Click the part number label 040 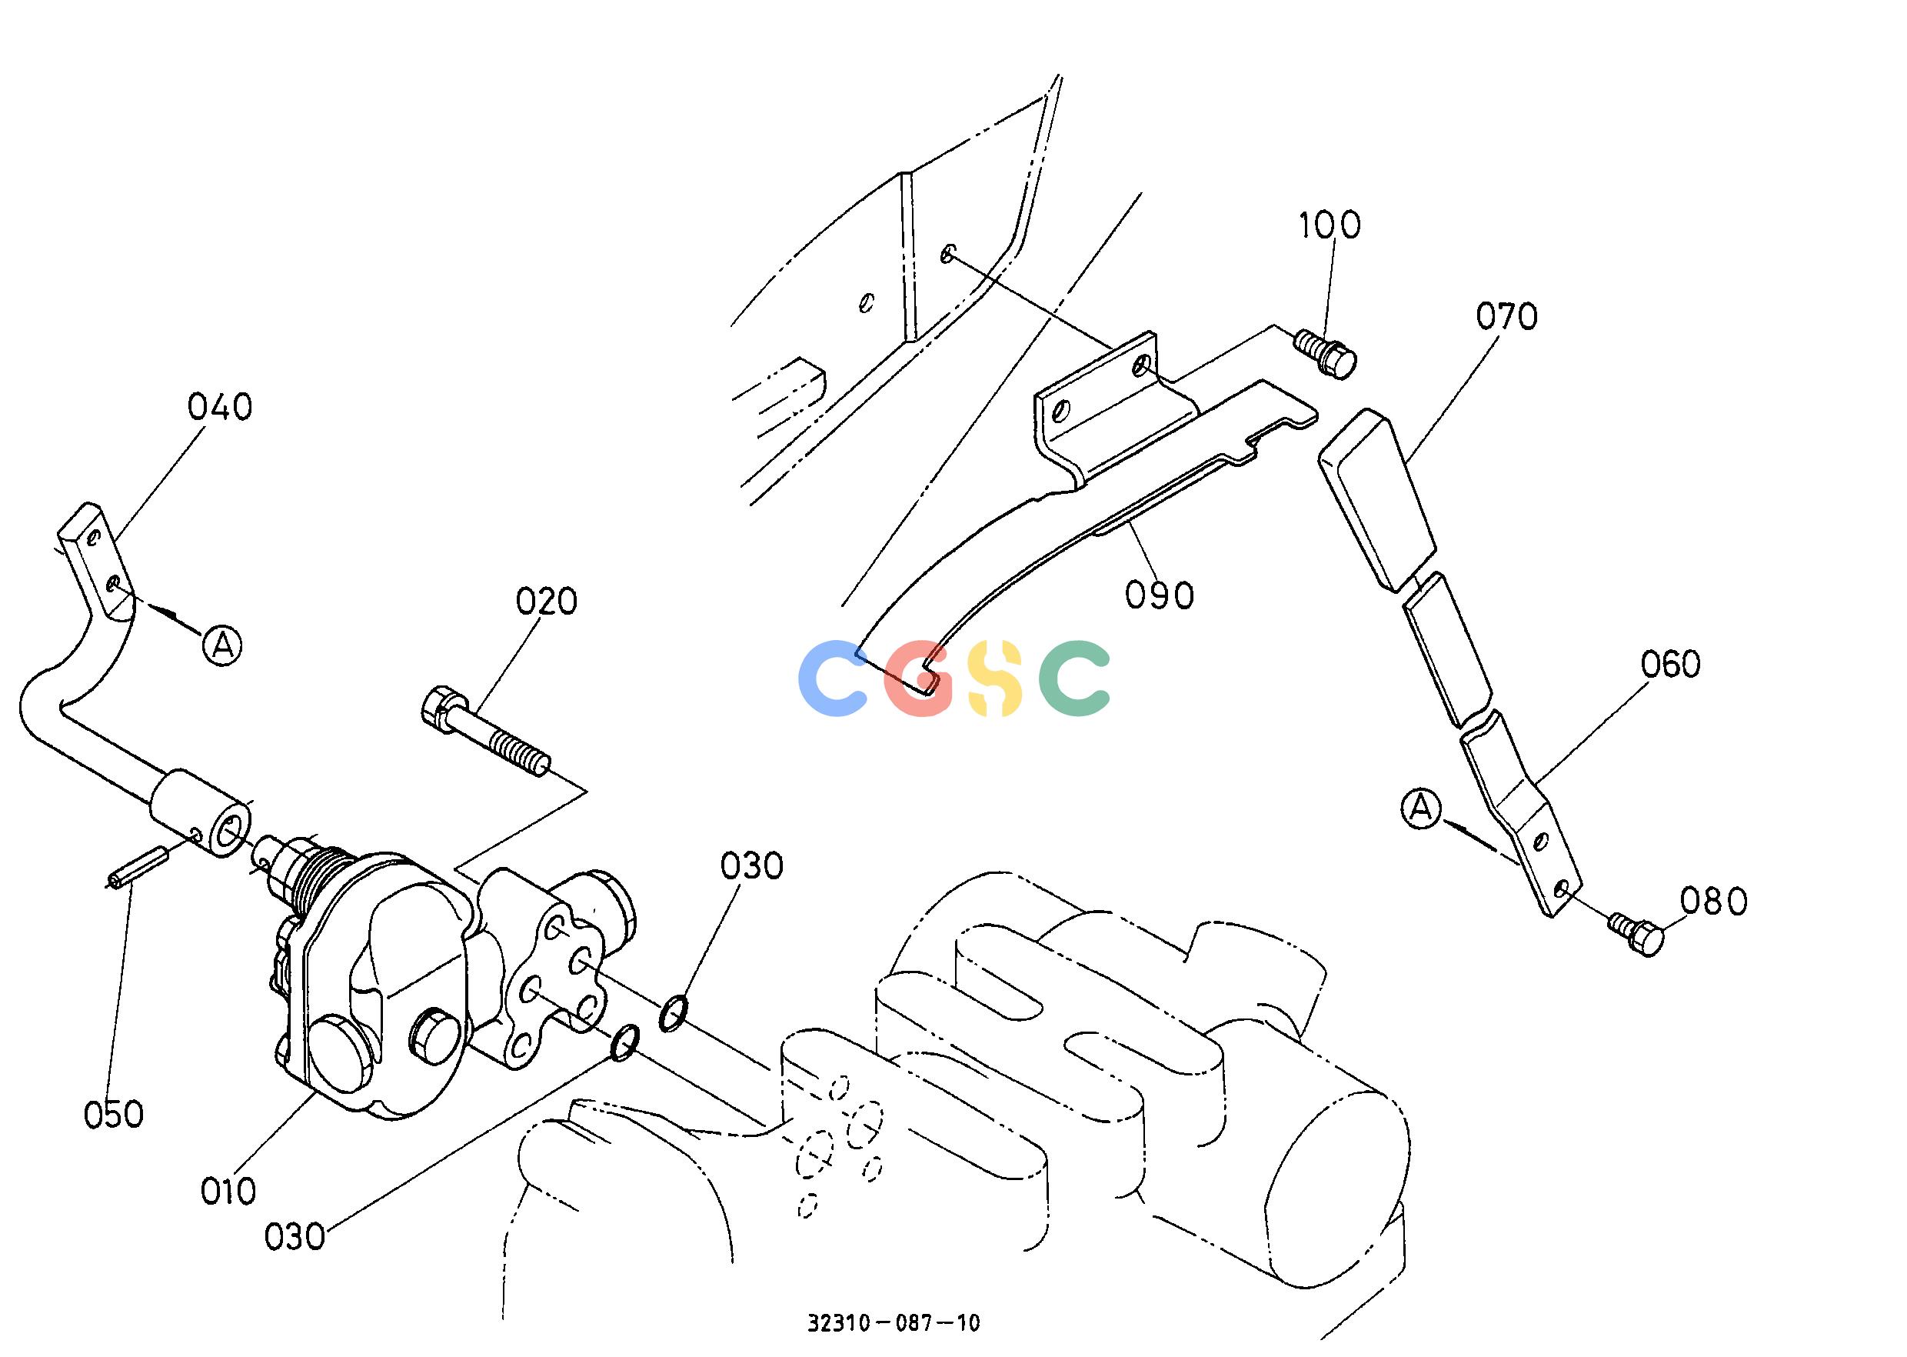[220, 407]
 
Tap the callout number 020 [546, 602]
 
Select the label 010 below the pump [228, 1192]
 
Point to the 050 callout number [114, 1115]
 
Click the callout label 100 [1330, 225]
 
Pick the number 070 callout [1507, 317]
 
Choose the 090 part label [1160, 595]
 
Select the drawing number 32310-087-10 [893, 1322]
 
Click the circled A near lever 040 [222, 645]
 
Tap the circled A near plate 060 [1422, 808]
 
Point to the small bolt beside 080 [1636, 934]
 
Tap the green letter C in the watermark [1075, 678]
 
